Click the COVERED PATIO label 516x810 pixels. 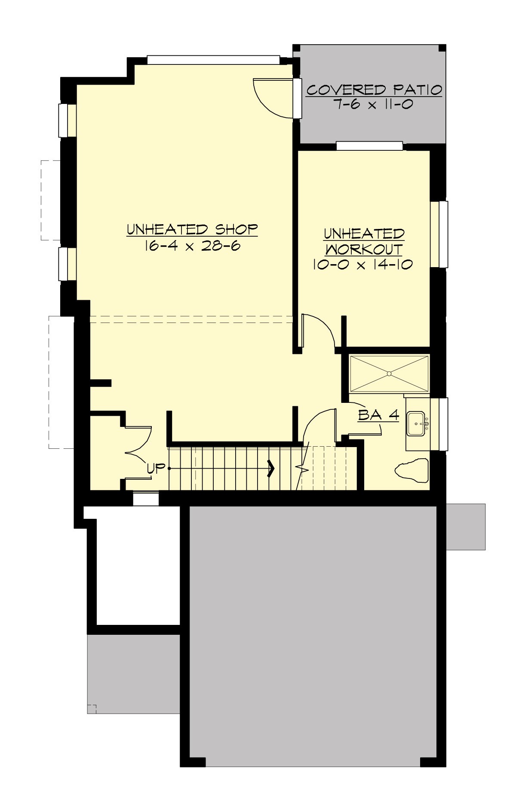[374, 90]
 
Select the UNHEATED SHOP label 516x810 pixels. [192, 229]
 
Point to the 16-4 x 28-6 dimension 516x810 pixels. [192, 246]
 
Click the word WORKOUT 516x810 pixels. [364, 249]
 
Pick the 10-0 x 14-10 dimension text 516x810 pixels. [362, 264]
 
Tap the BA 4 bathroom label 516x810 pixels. [378, 415]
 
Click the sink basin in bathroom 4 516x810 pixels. [416, 424]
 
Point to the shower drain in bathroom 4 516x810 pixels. [390, 373]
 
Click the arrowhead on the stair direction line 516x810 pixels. [271, 468]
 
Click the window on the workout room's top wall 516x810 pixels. [369, 146]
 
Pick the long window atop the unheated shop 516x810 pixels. [213, 60]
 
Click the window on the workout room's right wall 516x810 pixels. [439, 234]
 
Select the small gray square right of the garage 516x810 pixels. [466, 527]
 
